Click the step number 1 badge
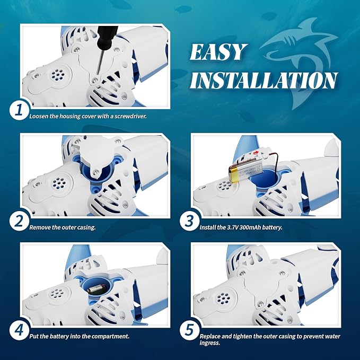pos(19,110)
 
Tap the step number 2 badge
pos(19,221)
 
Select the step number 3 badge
pos(189,221)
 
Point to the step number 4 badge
pos(19,331)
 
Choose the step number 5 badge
pos(189,331)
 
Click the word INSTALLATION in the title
pos(264,81)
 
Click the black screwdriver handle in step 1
pos(108,37)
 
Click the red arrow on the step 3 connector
pos(256,153)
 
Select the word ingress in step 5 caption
pos(209,343)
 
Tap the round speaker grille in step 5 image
pos(223,298)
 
